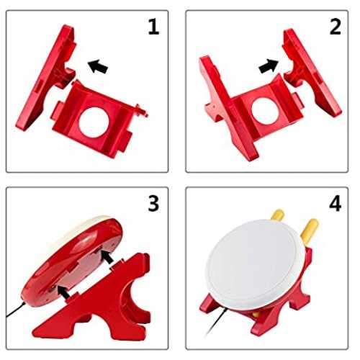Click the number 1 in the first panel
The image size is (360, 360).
153,27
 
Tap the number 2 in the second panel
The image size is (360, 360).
336,27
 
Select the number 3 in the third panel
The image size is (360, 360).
153,204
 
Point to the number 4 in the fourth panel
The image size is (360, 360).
336,204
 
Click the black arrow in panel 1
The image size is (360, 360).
98,66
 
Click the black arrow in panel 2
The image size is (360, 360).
269,66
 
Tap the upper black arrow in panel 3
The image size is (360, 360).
107,256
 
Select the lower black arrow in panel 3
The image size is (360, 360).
63,292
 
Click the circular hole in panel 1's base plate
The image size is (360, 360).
94,122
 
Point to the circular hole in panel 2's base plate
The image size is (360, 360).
265,111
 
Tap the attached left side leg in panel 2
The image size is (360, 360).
228,108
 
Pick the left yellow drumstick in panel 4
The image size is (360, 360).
278,215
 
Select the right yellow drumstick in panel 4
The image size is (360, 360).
310,231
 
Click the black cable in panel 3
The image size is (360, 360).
16,310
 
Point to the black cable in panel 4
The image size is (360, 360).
217,322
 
